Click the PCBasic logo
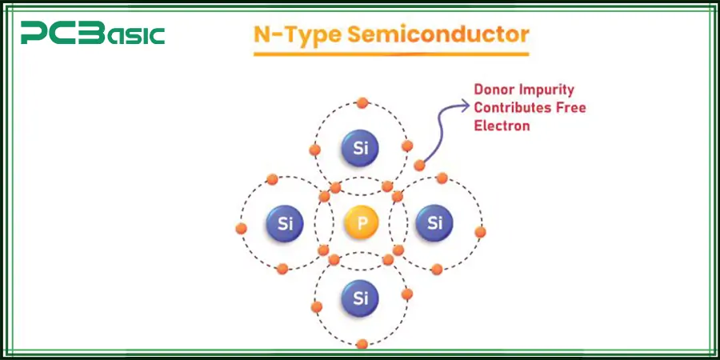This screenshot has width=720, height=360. pyautogui.click(x=93, y=34)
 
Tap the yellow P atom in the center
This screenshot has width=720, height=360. pyautogui.click(x=362, y=222)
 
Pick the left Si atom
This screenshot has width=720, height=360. pyautogui.click(x=285, y=222)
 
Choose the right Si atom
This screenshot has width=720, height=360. pyautogui.click(x=434, y=222)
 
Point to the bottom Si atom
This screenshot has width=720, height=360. pyautogui.click(x=361, y=298)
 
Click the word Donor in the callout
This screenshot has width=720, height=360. pyautogui.click(x=494, y=90)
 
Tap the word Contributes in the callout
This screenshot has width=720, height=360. pyautogui.click(x=512, y=108)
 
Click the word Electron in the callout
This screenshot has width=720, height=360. pyautogui.click(x=502, y=126)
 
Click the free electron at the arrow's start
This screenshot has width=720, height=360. pyautogui.click(x=420, y=166)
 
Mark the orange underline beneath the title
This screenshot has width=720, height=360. pyautogui.click(x=391, y=54)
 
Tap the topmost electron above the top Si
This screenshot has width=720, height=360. pyautogui.click(x=362, y=102)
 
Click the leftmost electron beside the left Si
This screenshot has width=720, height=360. pyautogui.click(x=242, y=228)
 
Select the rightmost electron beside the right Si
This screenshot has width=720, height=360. pyautogui.click(x=480, y=232)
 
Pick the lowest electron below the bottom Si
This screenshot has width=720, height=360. pyautogui.click(x=362, y=344)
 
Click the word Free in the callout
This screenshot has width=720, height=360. pyautogui.click(x=570, y=108)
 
